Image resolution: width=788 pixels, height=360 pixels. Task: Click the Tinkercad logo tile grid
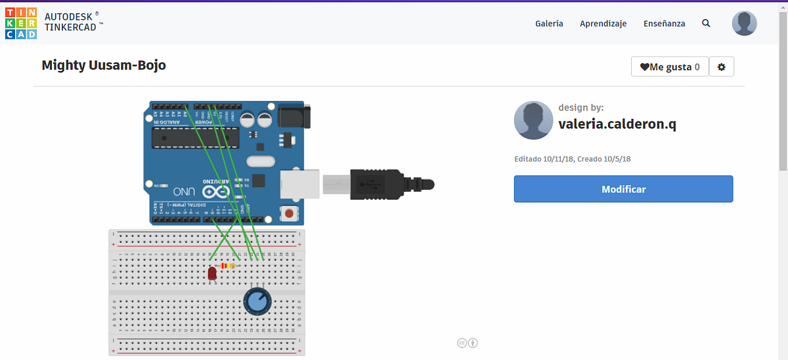click(21, 24)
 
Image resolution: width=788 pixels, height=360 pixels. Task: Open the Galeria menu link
click(549, 24)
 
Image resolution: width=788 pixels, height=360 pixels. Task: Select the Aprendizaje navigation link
click(603, 24)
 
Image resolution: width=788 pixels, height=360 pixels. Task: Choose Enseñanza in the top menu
click(664, 24)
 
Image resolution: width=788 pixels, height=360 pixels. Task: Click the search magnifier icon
click(706, 24)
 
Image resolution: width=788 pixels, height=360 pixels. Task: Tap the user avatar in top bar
click(744, 24)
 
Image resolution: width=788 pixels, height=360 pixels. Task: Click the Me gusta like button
click(670, 66)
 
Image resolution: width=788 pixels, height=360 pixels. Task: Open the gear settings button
click(722, 66)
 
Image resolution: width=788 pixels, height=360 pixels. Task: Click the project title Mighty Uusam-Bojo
click(104, 65)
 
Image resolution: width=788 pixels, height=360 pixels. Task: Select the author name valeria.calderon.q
click(617, 124)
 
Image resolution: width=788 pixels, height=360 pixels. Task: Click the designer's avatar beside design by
click(533, 120)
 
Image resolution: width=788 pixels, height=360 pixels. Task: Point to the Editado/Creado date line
click(572, 159)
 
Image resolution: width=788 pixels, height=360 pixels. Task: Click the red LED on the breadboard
click(212, 274)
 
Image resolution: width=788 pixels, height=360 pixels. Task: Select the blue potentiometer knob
click(256, 302)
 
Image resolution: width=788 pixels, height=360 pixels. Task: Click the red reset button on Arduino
click(288, 213)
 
